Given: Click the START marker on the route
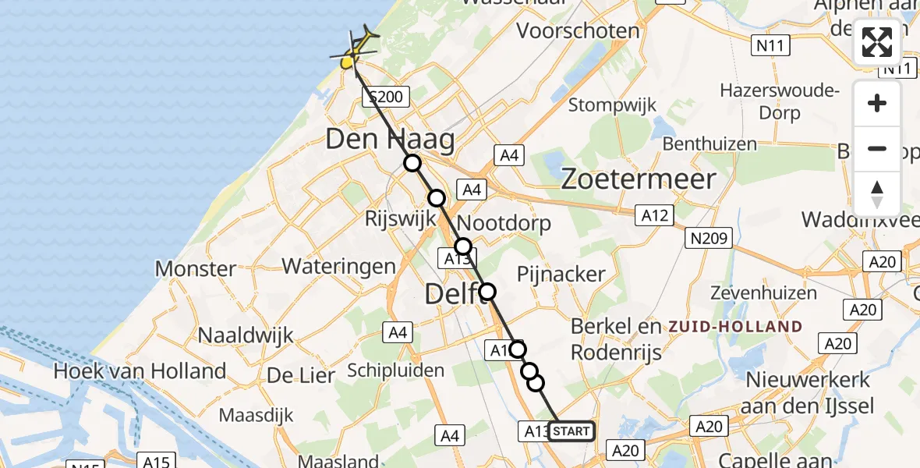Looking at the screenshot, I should click(x=571, y=431).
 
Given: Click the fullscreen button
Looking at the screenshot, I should click(x=877, y=42).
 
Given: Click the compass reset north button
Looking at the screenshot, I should click(x=877, y=194).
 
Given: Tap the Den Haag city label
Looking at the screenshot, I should click(x=390, y=140).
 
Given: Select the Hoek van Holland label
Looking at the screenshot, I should click(x=140, y=370).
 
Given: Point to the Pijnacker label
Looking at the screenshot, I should click(x=561, y=274).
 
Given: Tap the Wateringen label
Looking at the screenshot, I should click(x=338, y=266).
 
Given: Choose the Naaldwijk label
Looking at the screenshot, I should click(x=246, y=335).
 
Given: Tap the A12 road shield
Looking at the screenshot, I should click(x=655, y=215).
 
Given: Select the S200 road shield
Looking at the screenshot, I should click(x=385, y=97).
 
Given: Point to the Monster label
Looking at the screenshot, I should click(x=196, y=269).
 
